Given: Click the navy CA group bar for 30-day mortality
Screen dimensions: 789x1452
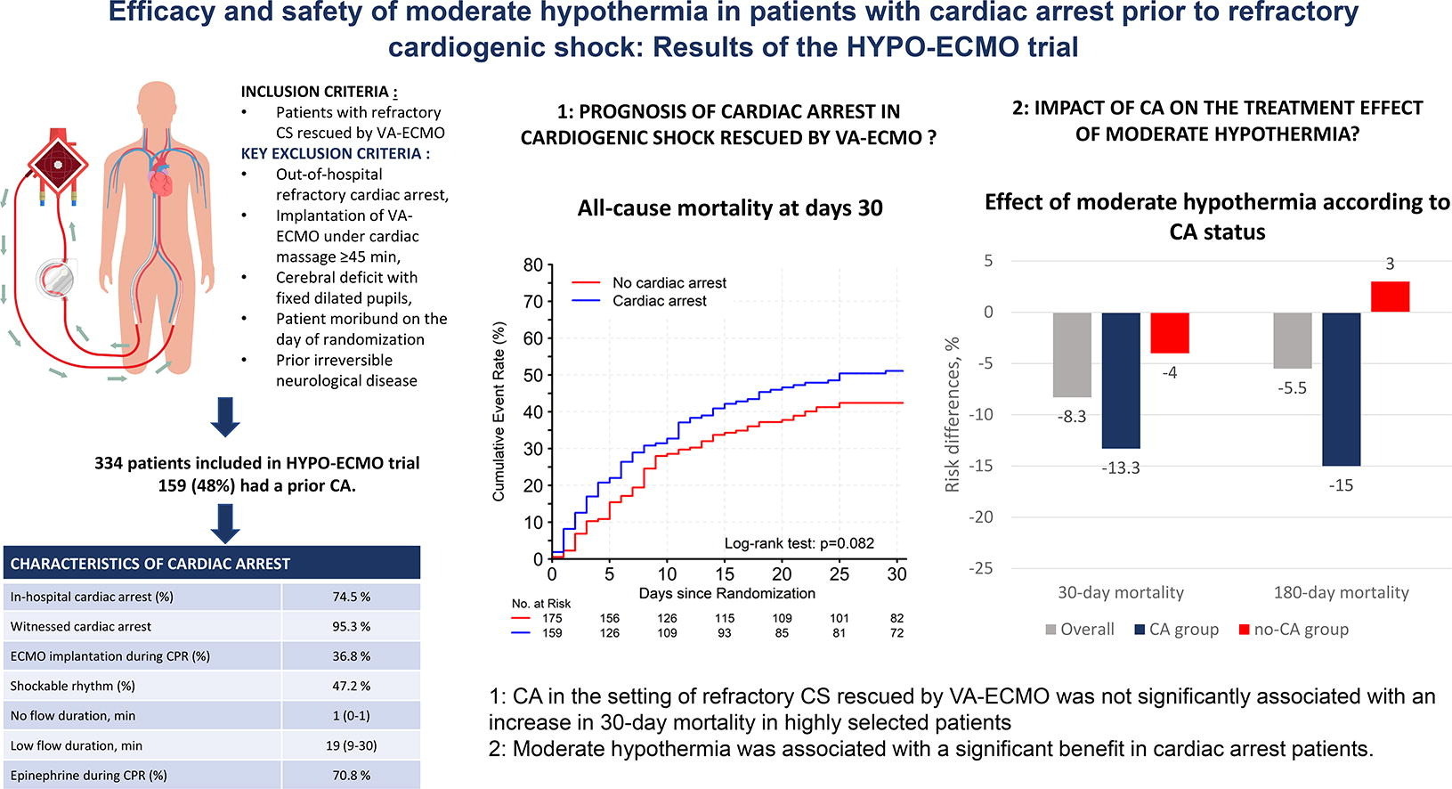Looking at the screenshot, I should pyautogui.click(x=1120, y=380).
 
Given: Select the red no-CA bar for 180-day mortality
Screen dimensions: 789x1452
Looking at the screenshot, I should pyautogui.click(x=1390, y=297).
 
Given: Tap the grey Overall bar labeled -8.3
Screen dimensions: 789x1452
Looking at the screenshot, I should pyautogui.click(x=1072, y=354).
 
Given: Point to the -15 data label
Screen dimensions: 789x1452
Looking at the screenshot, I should pyautogui.click(x=1341, y=485).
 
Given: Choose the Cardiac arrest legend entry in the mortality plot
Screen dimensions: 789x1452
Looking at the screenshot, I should pyautogui.click(x=659, y=301).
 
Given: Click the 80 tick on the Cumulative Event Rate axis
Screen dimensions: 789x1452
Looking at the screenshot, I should pyautogui.click(x=532, y=264).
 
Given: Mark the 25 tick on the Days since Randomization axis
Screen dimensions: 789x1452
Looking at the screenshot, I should pyautogui.click(x=840, y=574).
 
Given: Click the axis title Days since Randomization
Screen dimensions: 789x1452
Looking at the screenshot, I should pyautogui.click(x=726, y=593).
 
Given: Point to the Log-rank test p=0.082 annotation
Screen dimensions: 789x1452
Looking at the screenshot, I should pyautogui.click(x=799, y=543).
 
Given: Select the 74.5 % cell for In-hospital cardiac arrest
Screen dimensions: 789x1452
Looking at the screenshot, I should pyautogui.click(x=351, y=597).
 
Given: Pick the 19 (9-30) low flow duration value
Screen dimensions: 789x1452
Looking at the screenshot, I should pyautogui.click(x=351, y=745).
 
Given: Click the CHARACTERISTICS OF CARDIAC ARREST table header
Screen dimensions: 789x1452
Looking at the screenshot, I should pyautogui.click(x=150, y=564).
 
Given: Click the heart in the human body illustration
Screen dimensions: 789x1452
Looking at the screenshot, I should pyautogui.click(x=161, y=182).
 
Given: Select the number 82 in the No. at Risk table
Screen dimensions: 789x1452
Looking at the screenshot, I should pyautogui.click(x=896, y=618).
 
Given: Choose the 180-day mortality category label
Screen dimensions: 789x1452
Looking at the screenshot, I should pyautogui.click(x=1341, y=592).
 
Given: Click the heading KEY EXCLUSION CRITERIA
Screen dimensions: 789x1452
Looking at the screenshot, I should pyautogui.click(x=336, y=153).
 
